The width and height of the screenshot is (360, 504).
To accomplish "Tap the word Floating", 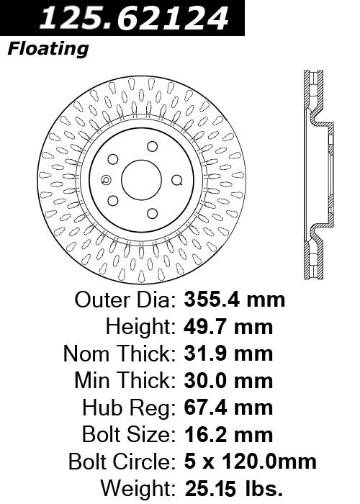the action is tap(48, 49).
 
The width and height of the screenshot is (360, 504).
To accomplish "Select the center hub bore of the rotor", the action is tap(141, 180).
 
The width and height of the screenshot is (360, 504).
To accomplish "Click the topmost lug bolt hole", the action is tap(153, 146).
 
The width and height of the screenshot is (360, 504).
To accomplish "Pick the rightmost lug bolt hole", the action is tap(176, 180).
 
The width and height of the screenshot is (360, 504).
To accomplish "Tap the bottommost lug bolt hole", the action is tap(153, 213).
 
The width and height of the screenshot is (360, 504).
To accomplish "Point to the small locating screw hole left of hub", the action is tap(106, 180).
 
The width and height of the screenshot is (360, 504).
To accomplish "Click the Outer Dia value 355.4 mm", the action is tap(234, 300).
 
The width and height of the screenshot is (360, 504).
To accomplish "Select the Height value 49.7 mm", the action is tap(228, 327).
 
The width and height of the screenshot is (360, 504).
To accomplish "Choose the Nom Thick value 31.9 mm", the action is tap(228, 354).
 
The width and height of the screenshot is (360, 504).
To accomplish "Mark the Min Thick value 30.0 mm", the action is tap(228, 381).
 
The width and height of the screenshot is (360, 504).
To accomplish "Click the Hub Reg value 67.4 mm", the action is tap(228, 408).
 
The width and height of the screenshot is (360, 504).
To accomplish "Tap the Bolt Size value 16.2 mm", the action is tap(228, 435).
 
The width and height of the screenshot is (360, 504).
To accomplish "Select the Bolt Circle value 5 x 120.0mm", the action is tap(250, 462).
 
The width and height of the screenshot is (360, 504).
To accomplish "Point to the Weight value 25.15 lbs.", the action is tap(233, 489).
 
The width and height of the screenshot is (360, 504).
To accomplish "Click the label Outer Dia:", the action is tap(125, 300).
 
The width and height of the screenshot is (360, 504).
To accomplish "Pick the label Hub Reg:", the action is tap(129, 408).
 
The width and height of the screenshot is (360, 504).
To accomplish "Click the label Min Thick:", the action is tap(125, 381).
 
